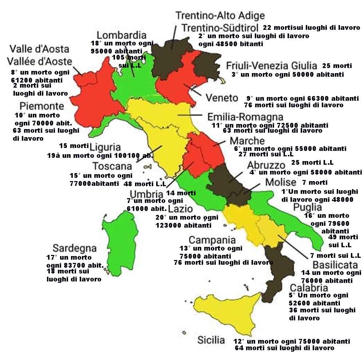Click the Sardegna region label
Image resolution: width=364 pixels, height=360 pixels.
point(74,248)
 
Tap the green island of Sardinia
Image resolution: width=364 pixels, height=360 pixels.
point(118,242)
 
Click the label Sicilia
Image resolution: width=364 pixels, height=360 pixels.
point(211,340)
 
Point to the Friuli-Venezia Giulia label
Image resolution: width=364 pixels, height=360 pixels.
point(272,66)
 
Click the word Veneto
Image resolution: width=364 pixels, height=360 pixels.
point(222,98)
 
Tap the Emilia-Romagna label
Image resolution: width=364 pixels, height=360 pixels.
point(245,117)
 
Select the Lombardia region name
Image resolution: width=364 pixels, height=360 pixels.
point(121,35)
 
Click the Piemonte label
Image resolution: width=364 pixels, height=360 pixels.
point(42,106)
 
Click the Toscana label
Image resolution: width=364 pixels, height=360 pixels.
point(112,166)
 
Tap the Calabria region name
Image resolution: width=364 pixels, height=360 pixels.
point(309,288)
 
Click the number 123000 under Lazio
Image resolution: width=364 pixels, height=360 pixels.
point(169,225)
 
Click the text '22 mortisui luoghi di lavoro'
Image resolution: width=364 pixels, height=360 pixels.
point(311,28)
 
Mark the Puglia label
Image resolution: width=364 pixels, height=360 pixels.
point(308,207)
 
